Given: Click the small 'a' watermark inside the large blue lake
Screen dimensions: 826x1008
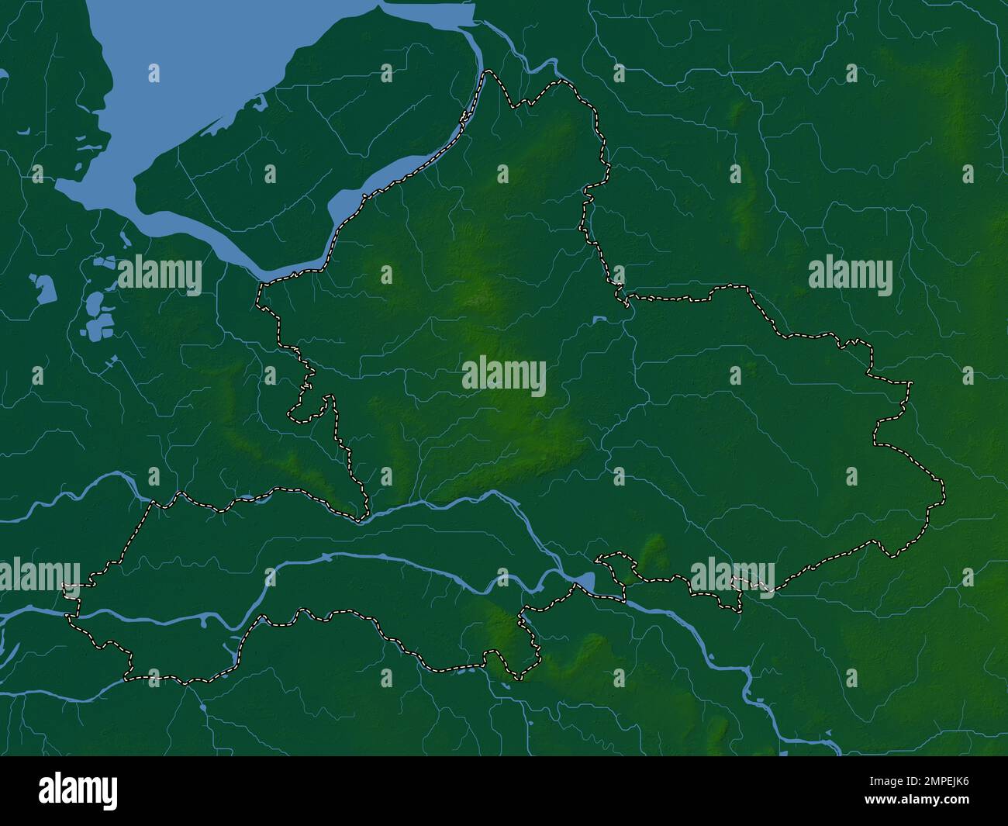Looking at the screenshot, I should [x=154, y=74].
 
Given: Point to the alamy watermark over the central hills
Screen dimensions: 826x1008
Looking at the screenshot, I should [x=504, y=376].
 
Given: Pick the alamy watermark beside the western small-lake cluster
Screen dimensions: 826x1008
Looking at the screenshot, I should [x=159, y=275].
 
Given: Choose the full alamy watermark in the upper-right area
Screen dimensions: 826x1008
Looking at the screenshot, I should [x=850, y=275].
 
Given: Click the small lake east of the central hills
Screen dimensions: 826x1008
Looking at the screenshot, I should [x=598, y=320].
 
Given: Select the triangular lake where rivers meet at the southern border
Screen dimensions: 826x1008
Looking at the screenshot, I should [x=585, y=582].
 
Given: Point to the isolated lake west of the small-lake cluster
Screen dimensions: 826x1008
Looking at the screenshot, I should [x=43, y=287].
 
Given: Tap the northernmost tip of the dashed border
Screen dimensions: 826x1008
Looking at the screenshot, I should [x=488, y=72].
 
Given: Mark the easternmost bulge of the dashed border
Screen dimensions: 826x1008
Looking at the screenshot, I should [x=943, y=490].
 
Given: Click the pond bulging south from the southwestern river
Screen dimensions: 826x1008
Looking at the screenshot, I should [x=205, y=621].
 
